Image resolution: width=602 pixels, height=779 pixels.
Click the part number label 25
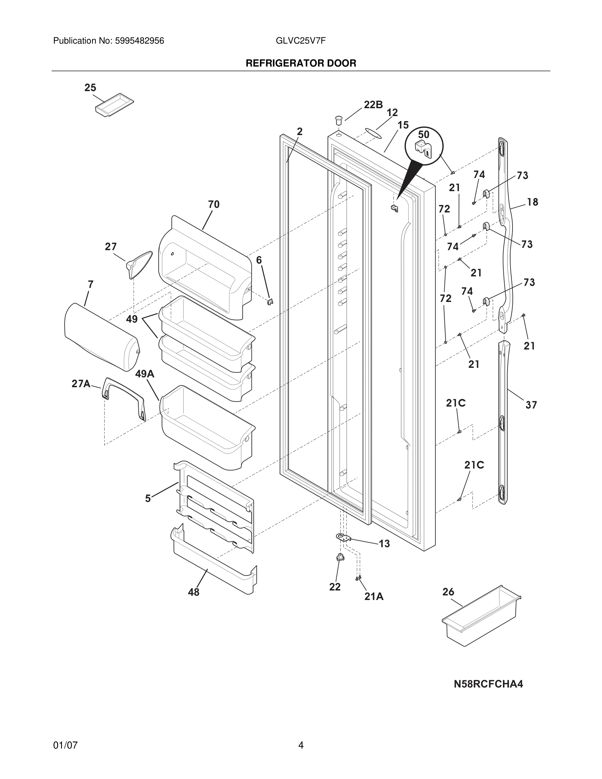[x=90, y=88]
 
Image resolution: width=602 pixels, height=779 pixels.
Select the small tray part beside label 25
[x=114, y=104]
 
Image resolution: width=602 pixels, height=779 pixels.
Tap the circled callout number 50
[x=423, y=135]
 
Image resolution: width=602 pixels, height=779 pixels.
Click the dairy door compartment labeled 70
[x=205, y=271]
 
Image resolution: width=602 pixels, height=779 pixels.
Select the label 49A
[x=145, y=374]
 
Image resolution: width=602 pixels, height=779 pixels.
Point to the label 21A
[x=374, y=596]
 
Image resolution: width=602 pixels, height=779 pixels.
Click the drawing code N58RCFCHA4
[x=488, y=684]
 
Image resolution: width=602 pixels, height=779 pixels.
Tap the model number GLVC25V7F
[x=301, y=41]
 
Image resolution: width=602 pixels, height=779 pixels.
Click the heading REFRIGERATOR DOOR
[x=301, y=64]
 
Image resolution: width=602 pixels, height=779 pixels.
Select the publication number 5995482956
[x=139, y=41]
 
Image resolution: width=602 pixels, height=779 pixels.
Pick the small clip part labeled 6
[x=270, y=302]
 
